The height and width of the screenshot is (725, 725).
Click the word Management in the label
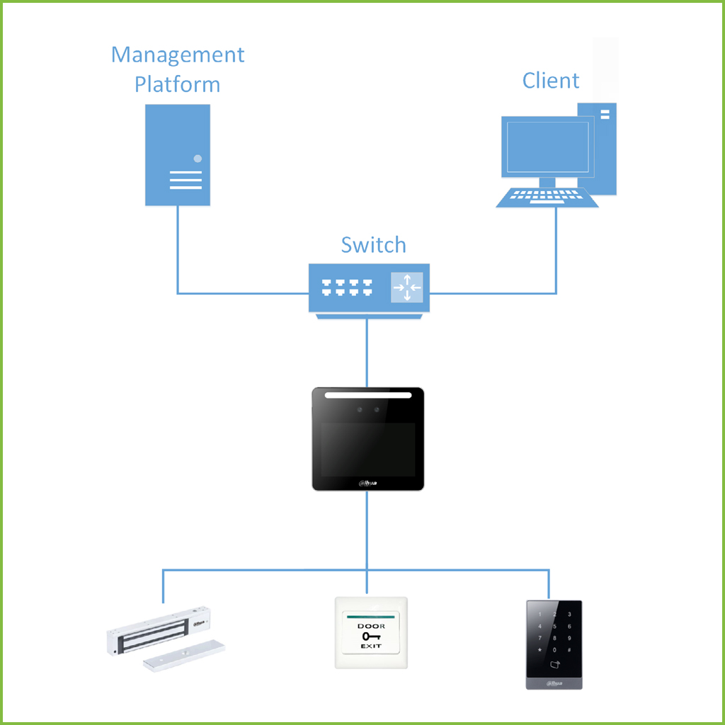178,55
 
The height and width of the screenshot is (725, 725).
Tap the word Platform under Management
178,84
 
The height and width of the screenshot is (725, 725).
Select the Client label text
551,80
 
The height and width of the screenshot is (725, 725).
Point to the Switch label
373,245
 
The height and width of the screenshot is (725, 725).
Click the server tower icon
178,155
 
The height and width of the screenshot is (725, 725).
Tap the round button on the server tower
198,159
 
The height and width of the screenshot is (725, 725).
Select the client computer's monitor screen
546,147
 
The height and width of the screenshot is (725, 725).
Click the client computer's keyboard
547,198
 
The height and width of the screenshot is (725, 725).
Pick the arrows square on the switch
407,287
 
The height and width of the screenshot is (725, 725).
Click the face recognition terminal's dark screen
368,450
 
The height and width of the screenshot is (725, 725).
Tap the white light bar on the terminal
368,396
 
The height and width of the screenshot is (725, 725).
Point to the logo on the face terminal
368,484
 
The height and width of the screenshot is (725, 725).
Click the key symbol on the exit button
370,636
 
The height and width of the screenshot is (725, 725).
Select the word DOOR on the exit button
370,627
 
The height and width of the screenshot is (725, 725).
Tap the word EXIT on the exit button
370,646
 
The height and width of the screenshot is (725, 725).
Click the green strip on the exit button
370,617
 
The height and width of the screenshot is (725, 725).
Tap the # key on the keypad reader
569,650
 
